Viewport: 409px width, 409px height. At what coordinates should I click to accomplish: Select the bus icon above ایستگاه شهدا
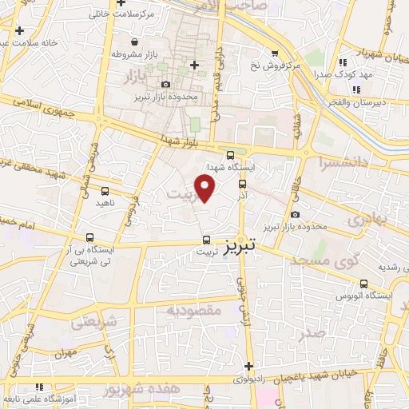click(230, 155)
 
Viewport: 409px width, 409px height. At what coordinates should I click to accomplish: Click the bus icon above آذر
click(242, 183)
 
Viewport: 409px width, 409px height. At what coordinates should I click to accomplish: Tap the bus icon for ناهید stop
click(105, 191)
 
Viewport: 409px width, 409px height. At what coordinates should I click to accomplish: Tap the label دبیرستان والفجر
click(379, 103)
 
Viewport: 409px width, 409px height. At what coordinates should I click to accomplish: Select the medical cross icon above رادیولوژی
click(249, 365)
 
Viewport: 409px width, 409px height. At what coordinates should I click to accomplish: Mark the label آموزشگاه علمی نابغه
click(43, 398)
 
